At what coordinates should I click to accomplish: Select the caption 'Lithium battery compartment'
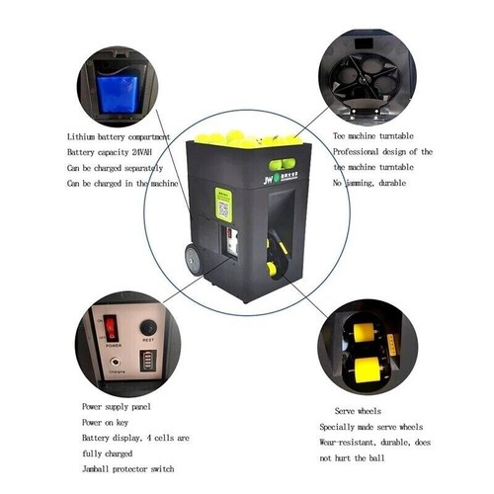click(x=119, y=136)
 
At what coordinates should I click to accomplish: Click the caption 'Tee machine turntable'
click(x=372, y=135)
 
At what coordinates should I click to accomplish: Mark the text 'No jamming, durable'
click(x=370, y=183)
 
